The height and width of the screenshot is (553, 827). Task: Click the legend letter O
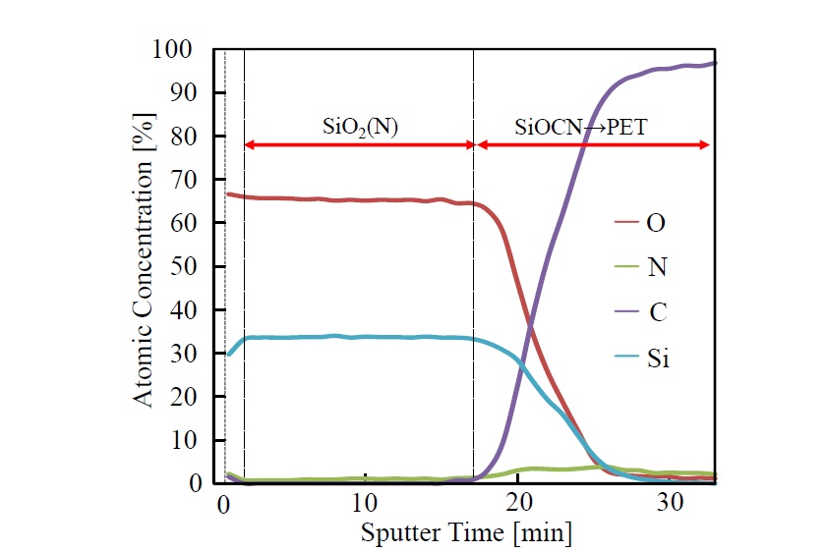(654, 224)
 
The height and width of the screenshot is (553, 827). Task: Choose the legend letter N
(654, 268)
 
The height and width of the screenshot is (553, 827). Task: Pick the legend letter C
(654, 313)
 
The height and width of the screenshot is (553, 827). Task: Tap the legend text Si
(658, 358)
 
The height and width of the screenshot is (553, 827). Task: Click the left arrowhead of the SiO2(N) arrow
(249, 145)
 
